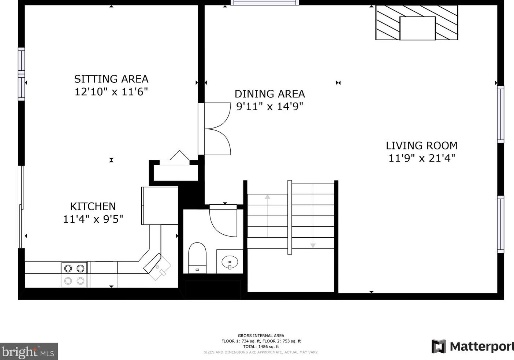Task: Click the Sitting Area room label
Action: pos(111,79)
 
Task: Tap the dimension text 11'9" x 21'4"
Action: pos(421,158)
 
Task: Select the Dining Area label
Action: pos(269,94)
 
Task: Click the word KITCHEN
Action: pos(93,207)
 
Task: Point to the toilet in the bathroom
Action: pos(197,258)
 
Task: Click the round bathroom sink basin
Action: pos(230,261)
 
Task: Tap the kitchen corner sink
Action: pos(157,267)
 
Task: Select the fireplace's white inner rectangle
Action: pos(417,28)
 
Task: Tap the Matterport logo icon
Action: pos(439,346)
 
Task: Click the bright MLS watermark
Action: pos(29,351)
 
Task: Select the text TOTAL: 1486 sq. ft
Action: pos(261,347)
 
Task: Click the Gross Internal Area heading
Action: pos(261,336)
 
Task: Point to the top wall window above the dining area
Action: pos(265,3)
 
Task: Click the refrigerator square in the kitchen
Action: pos(160,205)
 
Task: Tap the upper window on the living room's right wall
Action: pos(500,114)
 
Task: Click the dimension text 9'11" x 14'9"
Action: pos(269,107)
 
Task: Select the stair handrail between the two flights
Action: pos(290,217)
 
